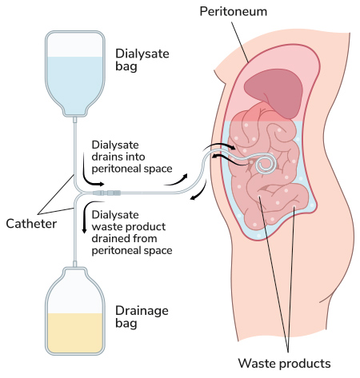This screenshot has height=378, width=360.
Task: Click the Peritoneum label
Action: pos(234,11)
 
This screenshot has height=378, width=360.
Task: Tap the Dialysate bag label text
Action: pos(142,60)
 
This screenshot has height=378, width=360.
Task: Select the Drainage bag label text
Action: pos(142,316)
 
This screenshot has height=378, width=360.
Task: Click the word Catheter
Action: pos(31,224)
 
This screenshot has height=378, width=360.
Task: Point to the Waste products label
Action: pos(284,363)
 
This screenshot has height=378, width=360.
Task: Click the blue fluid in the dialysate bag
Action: pos(75,82)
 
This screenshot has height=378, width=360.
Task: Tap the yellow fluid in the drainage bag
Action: pos(75,333)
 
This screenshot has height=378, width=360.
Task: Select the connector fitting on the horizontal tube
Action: pos(106,193)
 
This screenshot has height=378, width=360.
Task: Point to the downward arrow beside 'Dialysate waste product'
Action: pos(85,217)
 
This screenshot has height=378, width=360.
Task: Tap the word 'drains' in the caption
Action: pos(105,157)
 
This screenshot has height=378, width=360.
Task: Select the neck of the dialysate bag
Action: pos(75,120)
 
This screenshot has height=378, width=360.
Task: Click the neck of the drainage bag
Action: pos(75,264)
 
